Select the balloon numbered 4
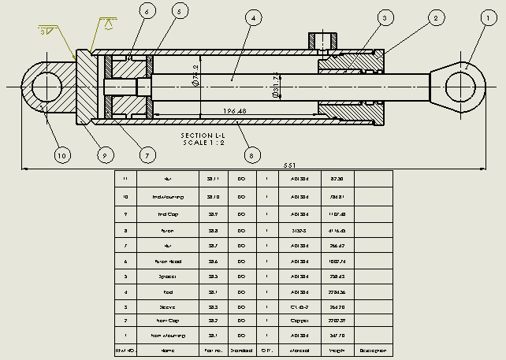coord(253,17)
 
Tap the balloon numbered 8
coord(251,155)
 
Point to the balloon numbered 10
coord(61,155)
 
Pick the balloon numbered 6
coord(147,11)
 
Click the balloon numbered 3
coord(385,17)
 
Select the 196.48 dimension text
coord(235,111)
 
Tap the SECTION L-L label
coord(203,135)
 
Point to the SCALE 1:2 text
coord(203,143)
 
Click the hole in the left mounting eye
coord(46,86)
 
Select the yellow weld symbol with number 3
coord(46,31)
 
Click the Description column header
coord(373,349)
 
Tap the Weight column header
coord(338,349)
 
